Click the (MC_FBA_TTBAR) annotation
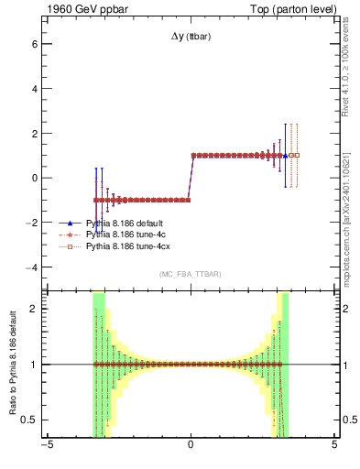[x=190, y=274]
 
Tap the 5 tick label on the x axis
[x=334, y=446]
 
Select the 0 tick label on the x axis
[x=191, y=446]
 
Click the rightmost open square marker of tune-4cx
[x=295, y=156]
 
